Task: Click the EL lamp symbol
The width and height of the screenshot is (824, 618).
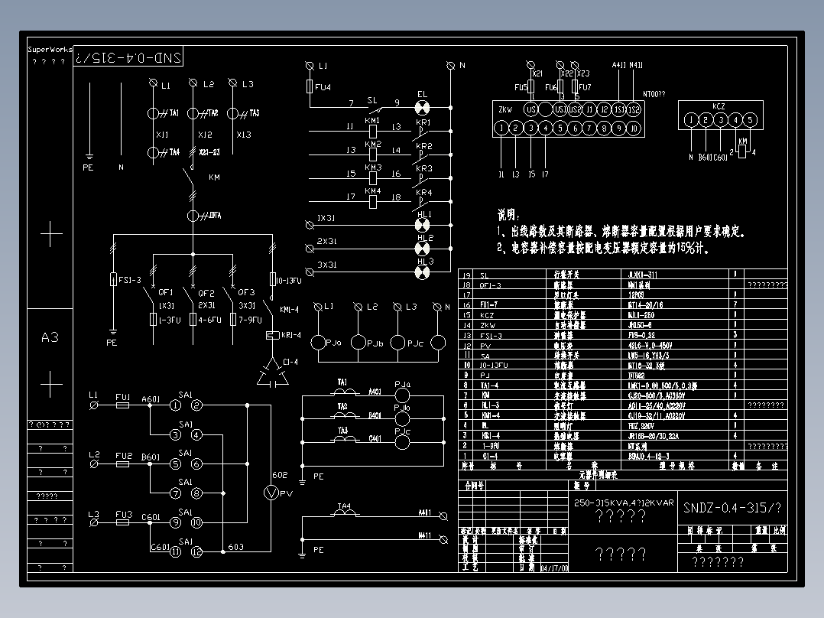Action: (x=421, y=106)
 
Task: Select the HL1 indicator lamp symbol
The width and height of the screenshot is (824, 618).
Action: (x=421, y=225)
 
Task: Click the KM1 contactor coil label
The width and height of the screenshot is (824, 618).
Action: (x=372, y=121)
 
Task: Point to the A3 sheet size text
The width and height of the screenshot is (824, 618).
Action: (x=50, y=337)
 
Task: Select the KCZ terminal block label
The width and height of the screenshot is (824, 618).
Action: (x=719, y=106)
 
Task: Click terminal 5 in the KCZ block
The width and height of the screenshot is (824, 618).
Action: (x=750, y=119)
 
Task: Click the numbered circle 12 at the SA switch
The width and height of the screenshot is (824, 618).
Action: (x=196, y=551)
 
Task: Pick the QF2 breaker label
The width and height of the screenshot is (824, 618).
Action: (x=206, y=292)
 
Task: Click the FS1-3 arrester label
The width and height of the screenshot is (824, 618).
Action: (x=131, y=280)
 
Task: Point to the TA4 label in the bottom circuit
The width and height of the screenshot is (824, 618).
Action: (x=345, y=506)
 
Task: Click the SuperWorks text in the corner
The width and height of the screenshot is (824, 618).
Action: (x=50, y=50)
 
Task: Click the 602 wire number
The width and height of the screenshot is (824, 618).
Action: (x=280, y=476)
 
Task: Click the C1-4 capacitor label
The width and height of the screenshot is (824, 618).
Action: (x=290, y=361)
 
